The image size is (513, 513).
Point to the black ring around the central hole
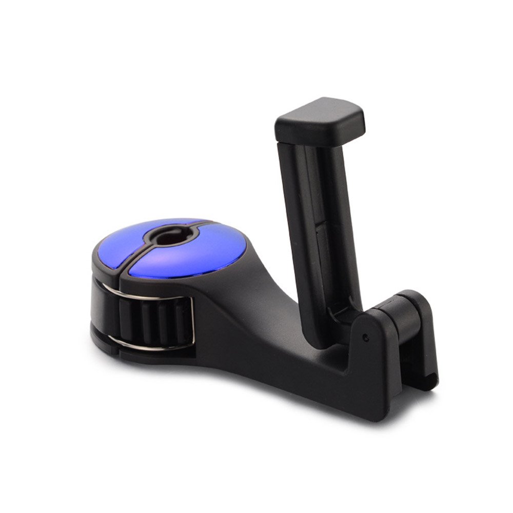tap(177, 241)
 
